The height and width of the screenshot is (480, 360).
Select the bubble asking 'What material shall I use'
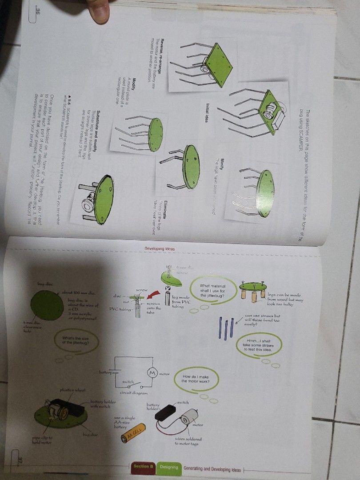(x=213, y=291)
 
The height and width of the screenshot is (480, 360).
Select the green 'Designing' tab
(x=168, y=467)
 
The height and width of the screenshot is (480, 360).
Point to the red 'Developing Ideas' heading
(x=160, y=248)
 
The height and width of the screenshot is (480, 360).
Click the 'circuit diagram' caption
(x=133, y=393)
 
